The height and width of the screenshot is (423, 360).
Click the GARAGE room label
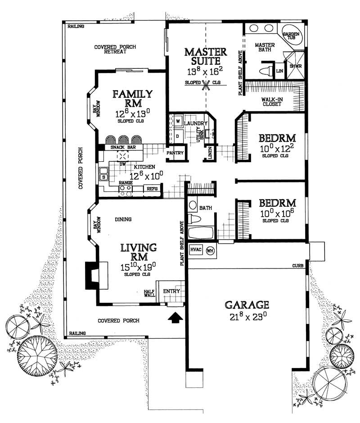point(247,305)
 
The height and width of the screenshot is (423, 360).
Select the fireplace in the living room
point(94,275)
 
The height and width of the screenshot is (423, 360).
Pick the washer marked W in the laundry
point(178,122)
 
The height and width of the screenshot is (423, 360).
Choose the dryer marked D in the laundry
point(178,135)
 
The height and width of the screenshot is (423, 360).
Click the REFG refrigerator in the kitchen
point(152,189)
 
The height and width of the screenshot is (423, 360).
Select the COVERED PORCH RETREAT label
point(115,49)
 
